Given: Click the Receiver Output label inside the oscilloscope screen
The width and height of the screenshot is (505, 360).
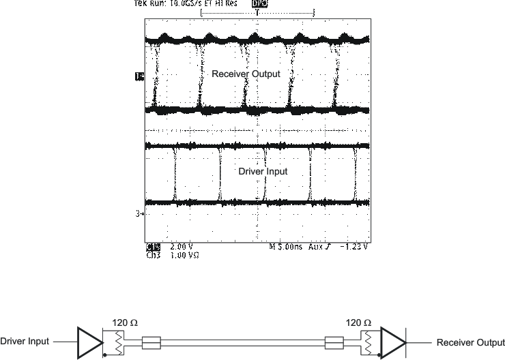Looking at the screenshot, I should click(x=246, y=74).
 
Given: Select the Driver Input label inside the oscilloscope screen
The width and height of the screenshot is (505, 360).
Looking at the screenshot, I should click(x=263, y=172).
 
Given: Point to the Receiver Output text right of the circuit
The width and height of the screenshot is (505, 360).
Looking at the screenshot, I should click(x=471, y=342).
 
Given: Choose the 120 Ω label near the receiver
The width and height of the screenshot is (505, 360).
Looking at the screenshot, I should click(x=359, y=322).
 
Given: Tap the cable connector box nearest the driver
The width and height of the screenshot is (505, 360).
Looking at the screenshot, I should click(x=149, y=342).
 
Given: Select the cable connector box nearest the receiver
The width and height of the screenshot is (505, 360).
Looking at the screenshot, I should click(x=335, y=342).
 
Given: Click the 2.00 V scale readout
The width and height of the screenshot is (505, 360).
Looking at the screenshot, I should click(x=181, y=246).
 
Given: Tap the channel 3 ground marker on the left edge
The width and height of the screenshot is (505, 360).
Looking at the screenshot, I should click(x=139, y=214).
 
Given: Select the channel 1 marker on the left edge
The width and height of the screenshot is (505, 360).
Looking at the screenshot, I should click(x=140, y=76).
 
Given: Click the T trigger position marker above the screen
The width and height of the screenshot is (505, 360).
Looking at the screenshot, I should click(x=257, y=13).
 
